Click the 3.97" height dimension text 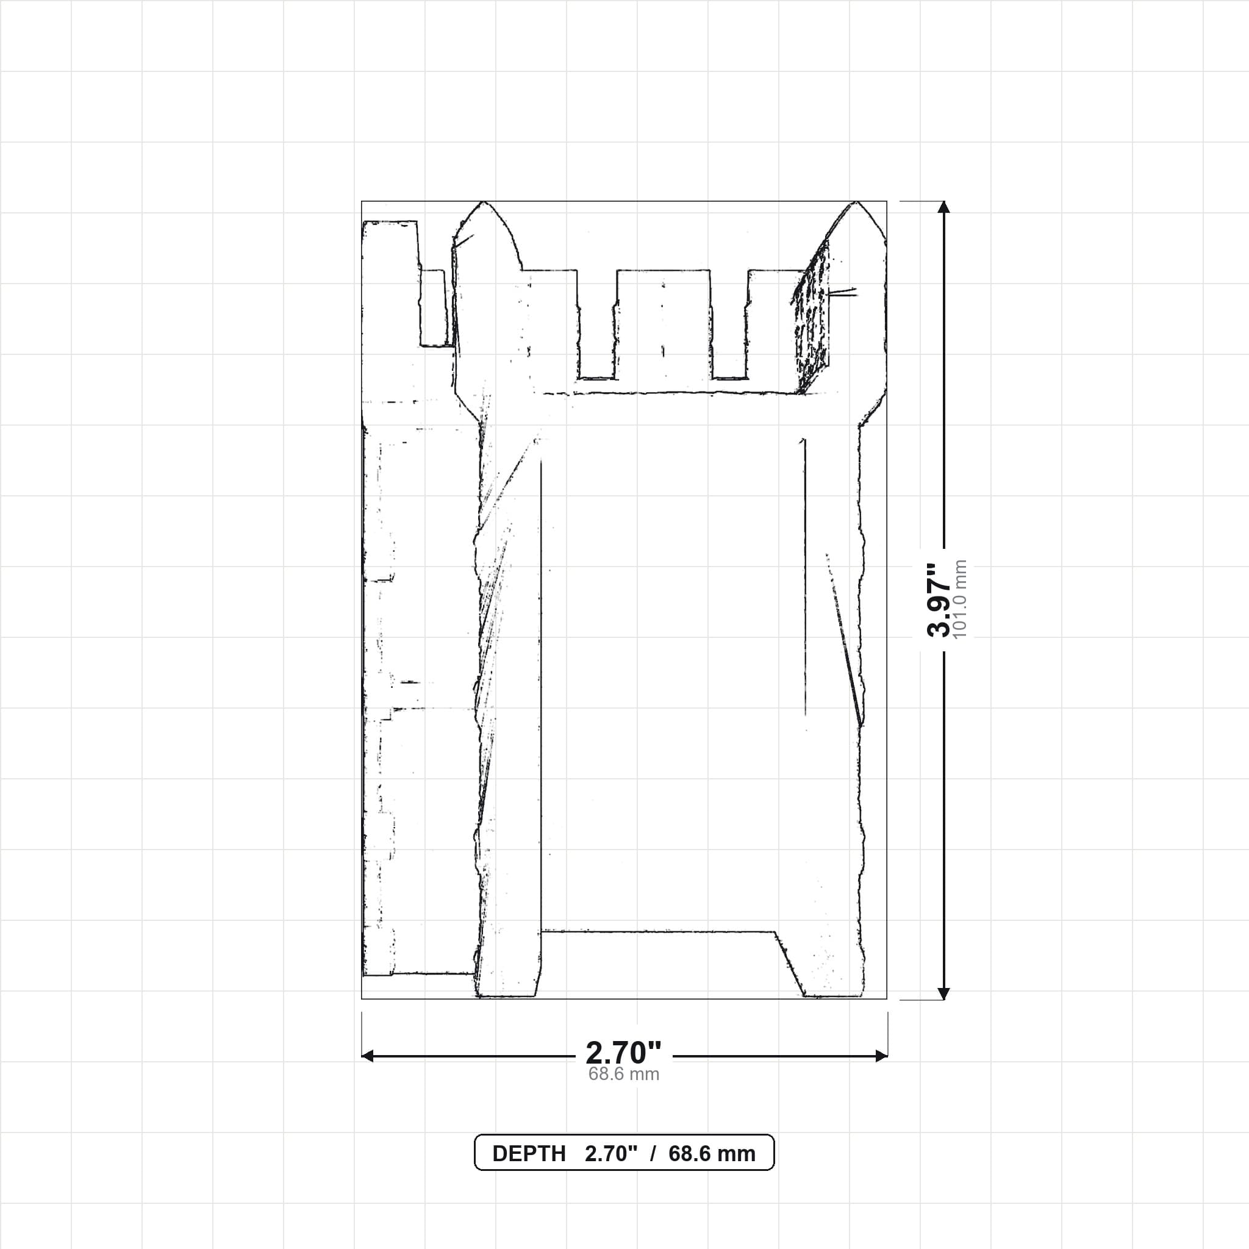pos(939,600)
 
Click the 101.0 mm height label pos(960,599)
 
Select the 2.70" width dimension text pos(624,1053)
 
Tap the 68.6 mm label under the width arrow pos(624,1075)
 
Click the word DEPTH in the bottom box pos(529,1154)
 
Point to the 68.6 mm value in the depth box pos(712,1154)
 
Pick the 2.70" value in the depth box pos(611,1154)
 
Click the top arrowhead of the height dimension pos(944,207)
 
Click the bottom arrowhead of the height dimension pos(944,993)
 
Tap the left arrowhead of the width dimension pos(368,1056)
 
